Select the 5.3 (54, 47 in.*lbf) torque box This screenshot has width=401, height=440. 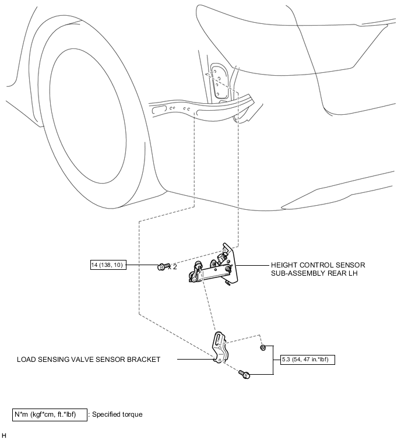click(308, 360)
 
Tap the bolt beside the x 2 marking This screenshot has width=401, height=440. click(163, 266)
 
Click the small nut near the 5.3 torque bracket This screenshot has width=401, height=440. click(263, 348)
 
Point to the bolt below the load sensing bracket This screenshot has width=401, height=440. click(244, 374)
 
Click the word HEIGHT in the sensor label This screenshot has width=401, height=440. click(282, 265)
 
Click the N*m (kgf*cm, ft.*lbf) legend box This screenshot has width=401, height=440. click(50, 415)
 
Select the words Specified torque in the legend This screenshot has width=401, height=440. click(117, 414)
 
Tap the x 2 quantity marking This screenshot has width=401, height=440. click(173, 267)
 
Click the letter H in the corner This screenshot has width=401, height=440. click(3, 435)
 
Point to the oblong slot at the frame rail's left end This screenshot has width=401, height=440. click(159, 110)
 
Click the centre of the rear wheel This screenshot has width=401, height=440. click(88, 116)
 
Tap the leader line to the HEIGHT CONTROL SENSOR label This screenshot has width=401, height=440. click(252, 265)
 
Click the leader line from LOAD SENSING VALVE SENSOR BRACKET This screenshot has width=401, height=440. click(195, 359)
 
